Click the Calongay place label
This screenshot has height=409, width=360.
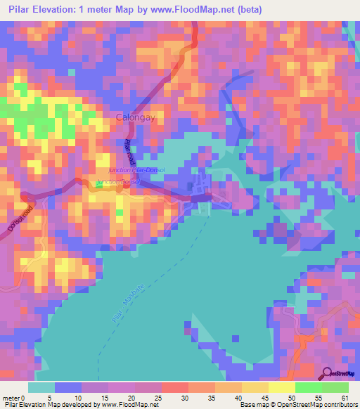tap(135, 119)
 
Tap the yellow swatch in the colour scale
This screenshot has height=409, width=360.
tap(281, 387)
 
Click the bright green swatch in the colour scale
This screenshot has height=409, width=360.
tap(308, 387)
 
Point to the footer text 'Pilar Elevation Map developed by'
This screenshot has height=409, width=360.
tap(52, 404)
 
